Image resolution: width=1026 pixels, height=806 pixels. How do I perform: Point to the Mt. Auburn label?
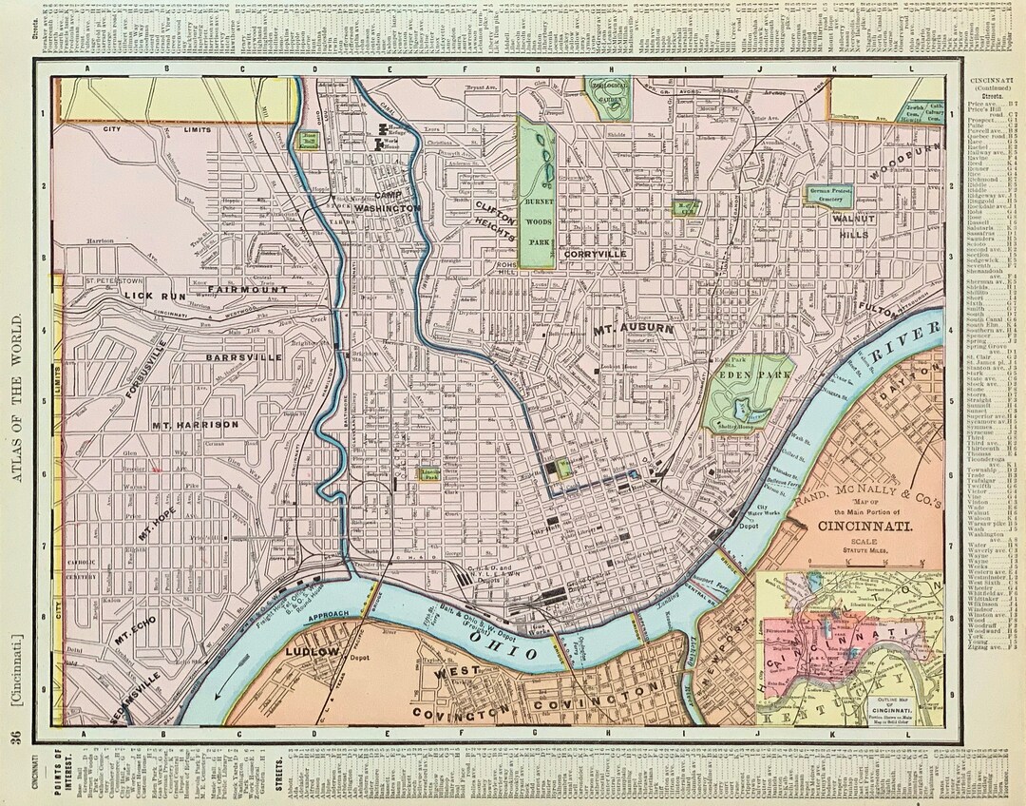[633, 330]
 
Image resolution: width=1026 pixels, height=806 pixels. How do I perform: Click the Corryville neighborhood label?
[595, 255]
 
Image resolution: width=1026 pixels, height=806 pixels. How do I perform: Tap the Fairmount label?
[233, 277]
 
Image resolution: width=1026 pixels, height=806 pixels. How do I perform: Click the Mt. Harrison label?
[194, 424]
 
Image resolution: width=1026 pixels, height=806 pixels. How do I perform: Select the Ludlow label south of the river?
[311, 652]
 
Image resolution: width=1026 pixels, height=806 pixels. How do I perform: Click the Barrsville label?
[243, 357]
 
